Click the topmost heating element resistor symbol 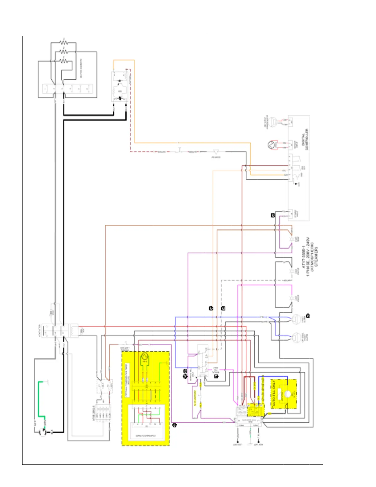(64, 42)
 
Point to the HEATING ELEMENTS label (81, 69)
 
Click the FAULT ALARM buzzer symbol (296, 319)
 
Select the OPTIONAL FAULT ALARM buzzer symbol (296, 337)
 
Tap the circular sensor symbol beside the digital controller (272, 145)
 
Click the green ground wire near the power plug (39, 400)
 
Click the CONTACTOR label (39, 331)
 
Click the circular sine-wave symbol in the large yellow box (144, 357)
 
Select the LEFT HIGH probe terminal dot (259, 442)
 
